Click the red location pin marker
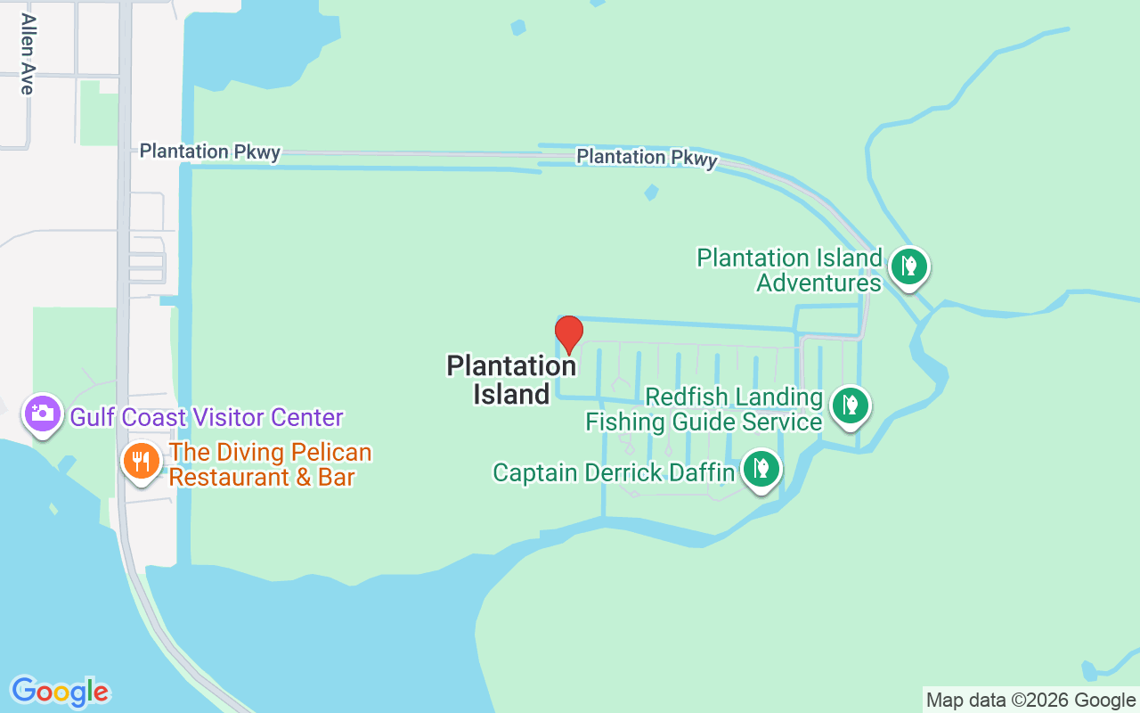(568, 334)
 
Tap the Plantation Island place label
(511, 381)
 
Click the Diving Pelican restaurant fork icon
(141, 461)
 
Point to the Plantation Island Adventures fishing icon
(908, 266)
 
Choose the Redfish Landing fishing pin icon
(851, 405)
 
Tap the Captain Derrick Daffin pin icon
(761, 468)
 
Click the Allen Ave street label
(27, 54)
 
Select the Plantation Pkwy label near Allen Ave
(210, 152)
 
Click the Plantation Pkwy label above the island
(647, 158)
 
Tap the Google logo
(60, 692)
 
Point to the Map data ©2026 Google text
(1030, 700)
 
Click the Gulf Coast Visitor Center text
(207, 417)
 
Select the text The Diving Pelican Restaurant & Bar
(270, 465)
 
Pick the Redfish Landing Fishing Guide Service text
(704, 409)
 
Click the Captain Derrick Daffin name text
(614, 472)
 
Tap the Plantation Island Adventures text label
(789, 270)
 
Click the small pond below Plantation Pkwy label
(651, 192)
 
